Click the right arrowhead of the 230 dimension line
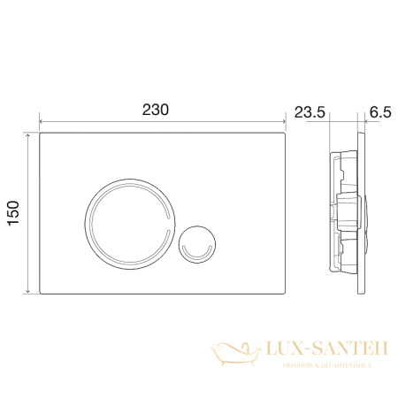point(287,121)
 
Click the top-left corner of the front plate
point(42,134)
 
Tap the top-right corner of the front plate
point(287,134)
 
